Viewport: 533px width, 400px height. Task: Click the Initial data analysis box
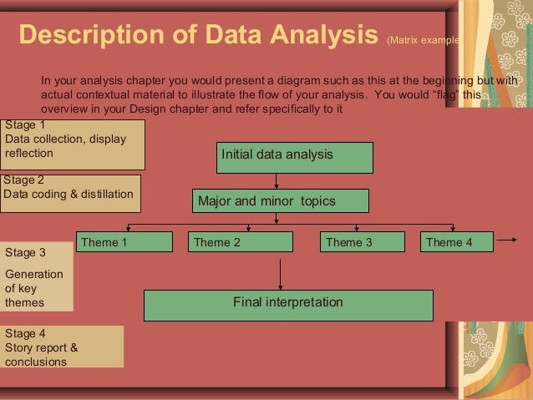294,157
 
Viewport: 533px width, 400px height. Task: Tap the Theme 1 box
124,242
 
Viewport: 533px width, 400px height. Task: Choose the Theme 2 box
240,242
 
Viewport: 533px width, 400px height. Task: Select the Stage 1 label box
73,144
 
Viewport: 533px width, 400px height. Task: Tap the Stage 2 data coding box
70,194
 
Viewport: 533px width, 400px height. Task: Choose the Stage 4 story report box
62,347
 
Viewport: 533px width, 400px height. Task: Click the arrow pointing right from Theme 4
506,242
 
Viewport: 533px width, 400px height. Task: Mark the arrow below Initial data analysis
275,180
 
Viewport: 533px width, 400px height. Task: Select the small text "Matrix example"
421,39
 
